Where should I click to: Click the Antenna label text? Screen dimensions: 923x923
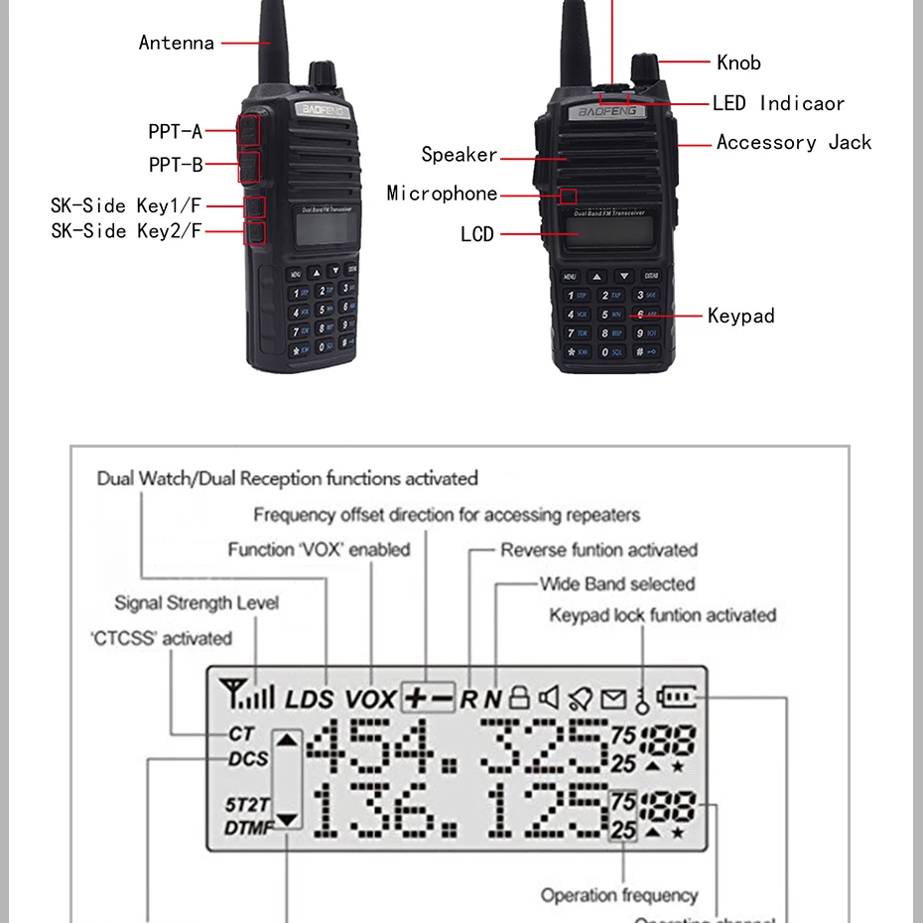pos(176,43)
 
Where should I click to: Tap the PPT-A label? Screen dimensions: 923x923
pos(175,132)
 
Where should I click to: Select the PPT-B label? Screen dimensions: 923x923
pos(175,165)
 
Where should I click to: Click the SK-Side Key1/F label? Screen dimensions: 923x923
pos(126,206)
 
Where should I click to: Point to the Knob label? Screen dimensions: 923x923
pos(738,63)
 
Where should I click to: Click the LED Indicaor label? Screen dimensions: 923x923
pos(778,103)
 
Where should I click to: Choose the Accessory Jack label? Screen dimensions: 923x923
pos(794,143)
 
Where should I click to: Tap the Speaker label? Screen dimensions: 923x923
pos(459,155)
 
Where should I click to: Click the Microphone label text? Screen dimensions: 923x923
pos(442,194)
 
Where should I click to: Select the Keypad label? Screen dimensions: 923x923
pos(740,317)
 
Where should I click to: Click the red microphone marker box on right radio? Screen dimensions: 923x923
pos(568,196)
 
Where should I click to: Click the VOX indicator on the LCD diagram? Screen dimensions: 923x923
pos(370,699)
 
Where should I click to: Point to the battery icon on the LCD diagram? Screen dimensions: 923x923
pos(678,697)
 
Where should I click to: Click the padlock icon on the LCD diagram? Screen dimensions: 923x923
pos(519,698)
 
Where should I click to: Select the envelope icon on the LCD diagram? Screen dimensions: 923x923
pos(613,699)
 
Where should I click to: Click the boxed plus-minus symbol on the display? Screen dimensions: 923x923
pos(429,698)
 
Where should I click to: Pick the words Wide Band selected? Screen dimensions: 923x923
pos(616,585)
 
